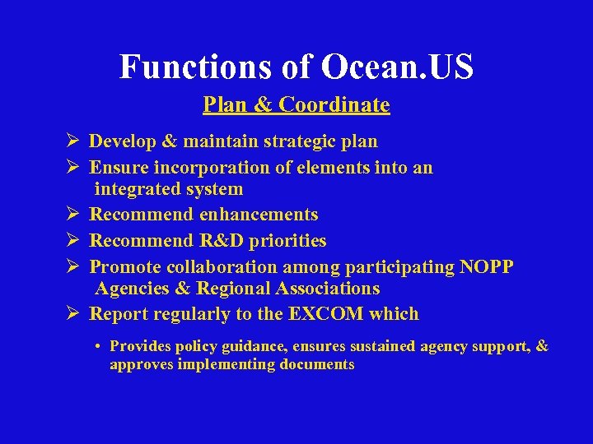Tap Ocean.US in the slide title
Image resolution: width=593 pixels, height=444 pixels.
(398, 67)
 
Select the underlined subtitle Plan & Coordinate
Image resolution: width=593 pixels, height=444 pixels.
(296, 105)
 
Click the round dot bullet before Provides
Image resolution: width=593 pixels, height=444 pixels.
(98, 347)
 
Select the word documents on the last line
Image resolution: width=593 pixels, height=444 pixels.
(315, 364)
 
